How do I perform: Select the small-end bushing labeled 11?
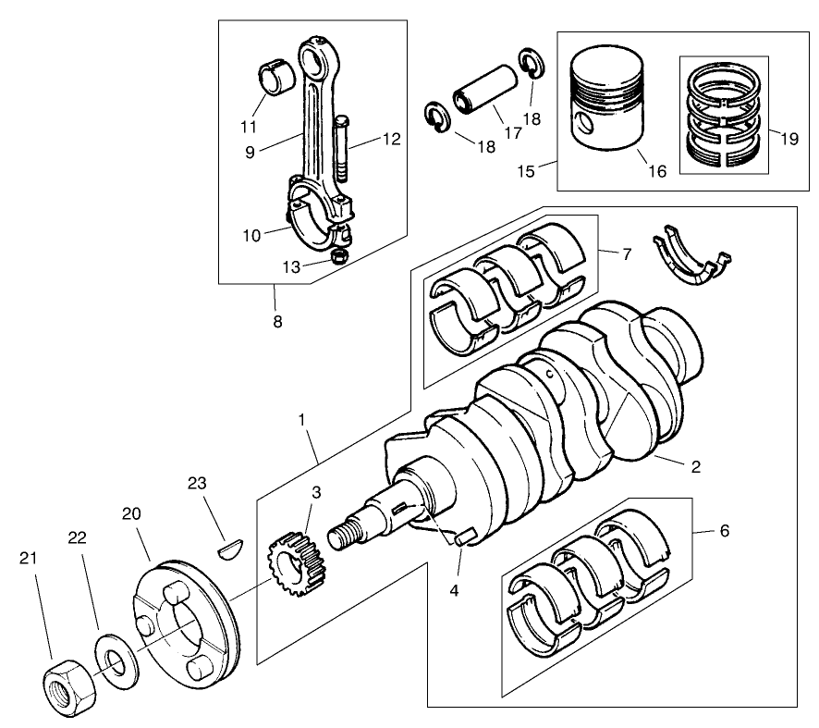point(274,77)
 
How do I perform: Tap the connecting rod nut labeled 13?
point(339,255)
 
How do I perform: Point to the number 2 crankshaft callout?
point(695,467)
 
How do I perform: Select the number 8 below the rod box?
point(276,322)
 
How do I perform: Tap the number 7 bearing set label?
point(627,253)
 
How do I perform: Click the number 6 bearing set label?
point(724,531)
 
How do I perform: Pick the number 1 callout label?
point(301,420)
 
